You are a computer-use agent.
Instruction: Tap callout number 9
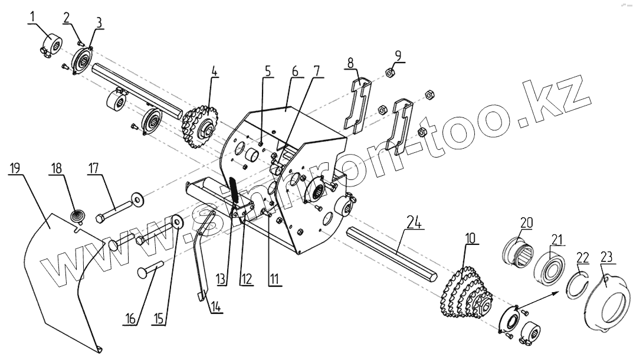click(398, 55)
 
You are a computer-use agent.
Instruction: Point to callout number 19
click(15, 167)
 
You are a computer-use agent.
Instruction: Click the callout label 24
click(415, 222)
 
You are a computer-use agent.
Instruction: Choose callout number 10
click(470, 238)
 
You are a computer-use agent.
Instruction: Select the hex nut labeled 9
click(389, 73)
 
